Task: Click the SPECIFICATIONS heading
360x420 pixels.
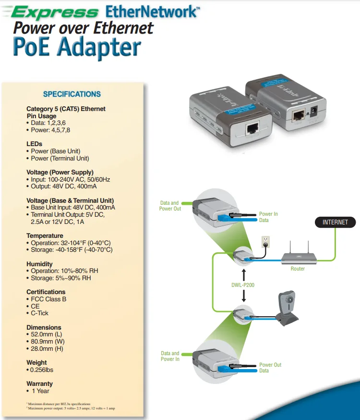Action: click(x=72, y=94)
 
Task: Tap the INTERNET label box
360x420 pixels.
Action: click(x=336, y=222)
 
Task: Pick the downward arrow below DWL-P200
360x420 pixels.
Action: click(x=243, y=296)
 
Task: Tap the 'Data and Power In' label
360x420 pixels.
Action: click(x=170, y=356)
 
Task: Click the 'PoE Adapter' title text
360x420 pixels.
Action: click(x=77, y=48)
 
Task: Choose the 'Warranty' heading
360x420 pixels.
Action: click(x=39, y=384)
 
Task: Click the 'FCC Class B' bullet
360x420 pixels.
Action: click(x=48, y=299)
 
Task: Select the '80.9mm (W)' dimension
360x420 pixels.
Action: click(x=47, y=342)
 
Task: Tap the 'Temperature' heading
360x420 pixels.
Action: click(x=45, y=236)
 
